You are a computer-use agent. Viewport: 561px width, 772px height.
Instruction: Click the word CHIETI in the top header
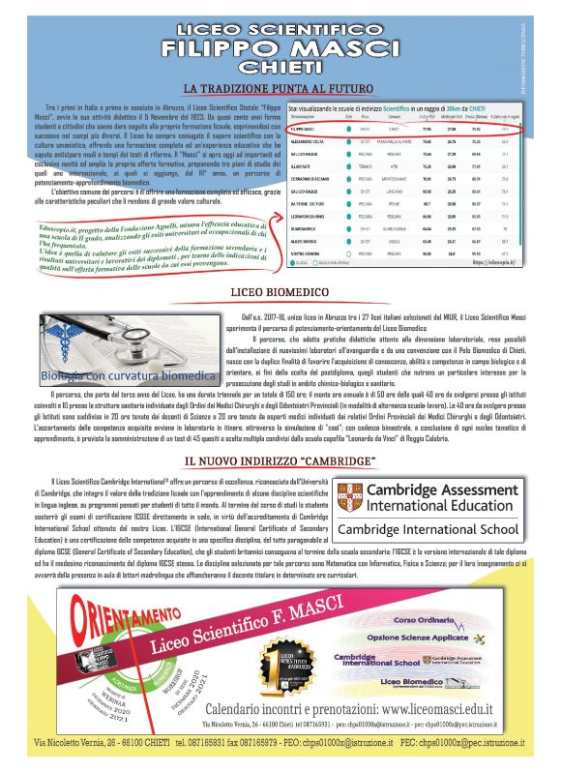280,67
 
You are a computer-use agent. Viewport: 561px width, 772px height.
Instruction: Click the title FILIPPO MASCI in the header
280,47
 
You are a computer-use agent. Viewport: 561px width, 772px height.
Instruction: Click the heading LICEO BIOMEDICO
280,291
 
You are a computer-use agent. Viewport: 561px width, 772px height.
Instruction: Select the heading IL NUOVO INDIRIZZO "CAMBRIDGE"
280,463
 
